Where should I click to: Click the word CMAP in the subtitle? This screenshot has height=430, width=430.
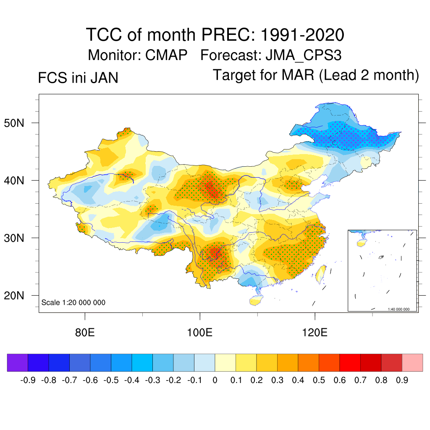coord(166,55)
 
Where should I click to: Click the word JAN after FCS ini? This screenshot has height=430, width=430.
coord(103,78)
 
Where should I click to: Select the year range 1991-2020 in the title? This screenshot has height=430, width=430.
coord(302,34)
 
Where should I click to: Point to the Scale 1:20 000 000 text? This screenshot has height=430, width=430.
coord(73,303)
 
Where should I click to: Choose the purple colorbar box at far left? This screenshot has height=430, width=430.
coord(17,362)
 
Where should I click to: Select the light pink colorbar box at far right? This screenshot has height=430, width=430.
coord(412,362)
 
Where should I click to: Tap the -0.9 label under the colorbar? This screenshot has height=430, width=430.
coord(28,380)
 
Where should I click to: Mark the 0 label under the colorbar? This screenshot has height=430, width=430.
coord(215,380)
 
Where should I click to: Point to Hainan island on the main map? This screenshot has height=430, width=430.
coord(254,301)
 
